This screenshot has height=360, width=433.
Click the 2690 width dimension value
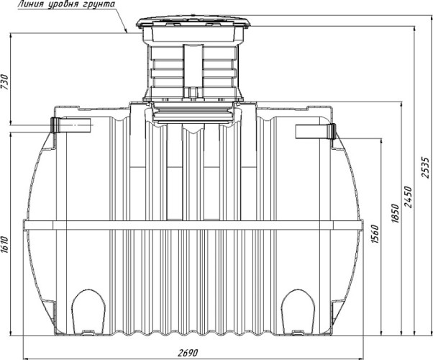click(x=188, y=353)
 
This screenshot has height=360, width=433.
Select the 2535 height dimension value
click(x=425, y=168)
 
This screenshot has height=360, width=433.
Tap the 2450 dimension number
click(x=408, y=197)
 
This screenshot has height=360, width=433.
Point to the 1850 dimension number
click(x=396, y=213)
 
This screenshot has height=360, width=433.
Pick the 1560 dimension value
click(x=375, y=234)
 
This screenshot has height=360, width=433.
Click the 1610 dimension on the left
click(x=5, y=245)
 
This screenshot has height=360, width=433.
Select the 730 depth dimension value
click(x=5, y=82)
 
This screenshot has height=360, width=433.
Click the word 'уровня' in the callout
click(x=63, y=5)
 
